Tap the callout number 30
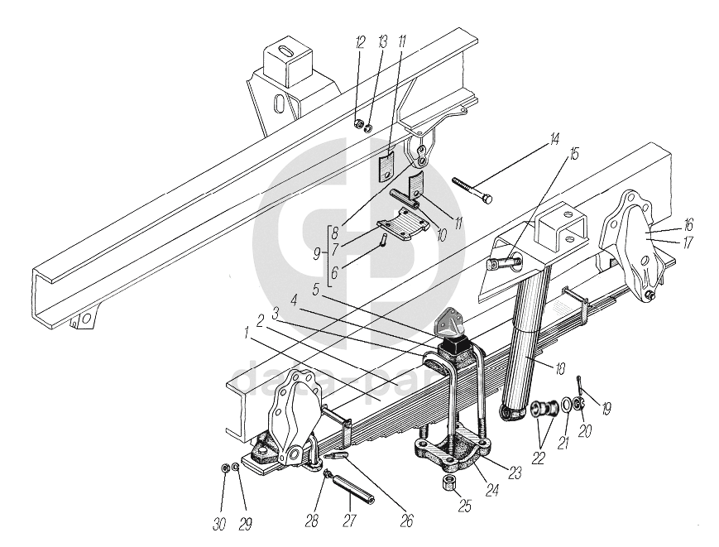tap(219, 523)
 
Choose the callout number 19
tap(606, 406)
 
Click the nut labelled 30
tap(225, 469)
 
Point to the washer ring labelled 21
tap(565, 405)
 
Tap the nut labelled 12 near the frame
tap(358, 125)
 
